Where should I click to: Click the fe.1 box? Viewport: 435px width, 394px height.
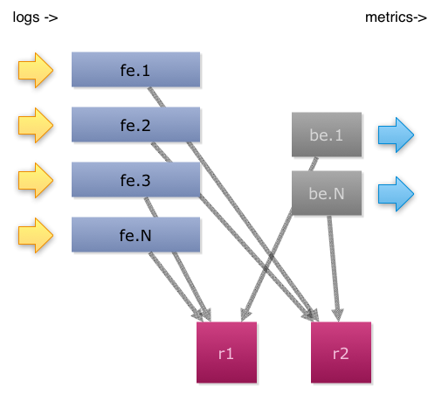[135, 69]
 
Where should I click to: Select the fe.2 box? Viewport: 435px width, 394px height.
[135, 124]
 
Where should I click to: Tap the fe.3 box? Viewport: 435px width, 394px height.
[135, 179]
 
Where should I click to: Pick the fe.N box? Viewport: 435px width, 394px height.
[135, 234]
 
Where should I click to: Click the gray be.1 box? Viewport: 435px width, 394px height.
[327, 135]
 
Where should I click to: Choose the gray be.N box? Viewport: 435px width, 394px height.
[327, 193]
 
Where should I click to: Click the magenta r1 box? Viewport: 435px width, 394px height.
[226, 352]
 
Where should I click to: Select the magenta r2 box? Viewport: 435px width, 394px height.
[341, 352]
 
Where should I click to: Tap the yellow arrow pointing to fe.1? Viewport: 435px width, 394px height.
[36, 70]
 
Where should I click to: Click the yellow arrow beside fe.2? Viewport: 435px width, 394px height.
[36, 125]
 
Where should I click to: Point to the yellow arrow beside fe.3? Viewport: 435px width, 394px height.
[36, 180]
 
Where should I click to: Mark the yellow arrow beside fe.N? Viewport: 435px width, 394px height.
[36, 235]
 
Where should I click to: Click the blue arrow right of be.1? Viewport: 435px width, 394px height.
[396, 135]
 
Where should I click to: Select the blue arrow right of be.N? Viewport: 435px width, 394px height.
[396, 194]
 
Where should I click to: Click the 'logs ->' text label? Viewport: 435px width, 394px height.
[35, 17]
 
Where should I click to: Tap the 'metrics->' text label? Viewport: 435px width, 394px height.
[396, 17]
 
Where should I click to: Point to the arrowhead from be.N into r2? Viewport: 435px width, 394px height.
[338, 315]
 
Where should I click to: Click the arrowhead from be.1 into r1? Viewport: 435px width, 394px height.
[245, 315]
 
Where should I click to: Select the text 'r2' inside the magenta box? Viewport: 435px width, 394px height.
[341, 354]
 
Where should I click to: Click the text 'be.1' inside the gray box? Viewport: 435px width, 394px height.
[326, 135]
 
